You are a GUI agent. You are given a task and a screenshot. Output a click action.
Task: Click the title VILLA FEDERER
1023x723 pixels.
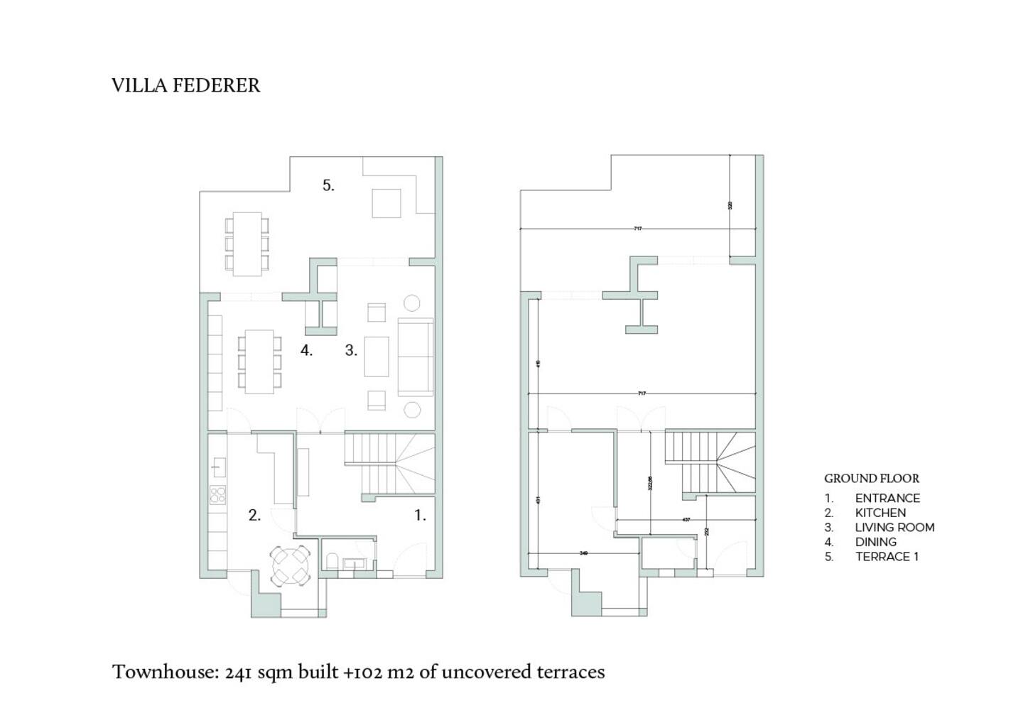pos(185,85)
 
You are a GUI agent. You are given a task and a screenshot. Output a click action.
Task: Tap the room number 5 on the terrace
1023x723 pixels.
pos(328,185)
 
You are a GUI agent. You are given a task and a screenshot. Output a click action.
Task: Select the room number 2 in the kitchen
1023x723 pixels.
pos(254,516)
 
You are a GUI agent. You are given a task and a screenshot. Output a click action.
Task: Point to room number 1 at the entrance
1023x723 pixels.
pos(420,516)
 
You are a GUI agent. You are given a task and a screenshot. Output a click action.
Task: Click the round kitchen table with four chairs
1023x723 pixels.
pos(292,565)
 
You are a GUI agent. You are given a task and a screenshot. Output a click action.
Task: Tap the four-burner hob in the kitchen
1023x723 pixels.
pos(218,494)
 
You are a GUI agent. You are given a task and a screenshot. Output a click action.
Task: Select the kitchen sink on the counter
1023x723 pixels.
pos(218,467)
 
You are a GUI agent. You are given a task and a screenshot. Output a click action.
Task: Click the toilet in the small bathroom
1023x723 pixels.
pos(332,562)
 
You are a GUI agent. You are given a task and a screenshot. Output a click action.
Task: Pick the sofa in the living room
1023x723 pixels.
pos(415,357)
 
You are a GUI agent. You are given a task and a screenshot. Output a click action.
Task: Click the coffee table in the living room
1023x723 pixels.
pos(377,357)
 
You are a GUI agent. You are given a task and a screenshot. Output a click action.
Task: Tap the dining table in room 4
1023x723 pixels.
pos(259,361)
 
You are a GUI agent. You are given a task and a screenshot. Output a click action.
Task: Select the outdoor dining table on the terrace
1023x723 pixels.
pos(247,244)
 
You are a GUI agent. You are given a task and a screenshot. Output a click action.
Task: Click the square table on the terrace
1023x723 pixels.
pos(387,203)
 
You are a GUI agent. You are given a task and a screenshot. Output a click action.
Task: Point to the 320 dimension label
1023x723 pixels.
pos(730,205)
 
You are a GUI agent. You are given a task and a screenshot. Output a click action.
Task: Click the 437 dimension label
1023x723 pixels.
pos(686,520)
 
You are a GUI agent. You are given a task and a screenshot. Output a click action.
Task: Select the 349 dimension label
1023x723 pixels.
pos(583,553)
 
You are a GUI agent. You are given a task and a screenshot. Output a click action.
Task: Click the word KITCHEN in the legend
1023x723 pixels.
pos(880,513)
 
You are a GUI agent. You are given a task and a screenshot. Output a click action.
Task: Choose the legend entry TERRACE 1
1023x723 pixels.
pos(887,557)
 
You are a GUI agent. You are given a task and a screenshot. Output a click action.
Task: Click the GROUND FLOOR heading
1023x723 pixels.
pos(872,479)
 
